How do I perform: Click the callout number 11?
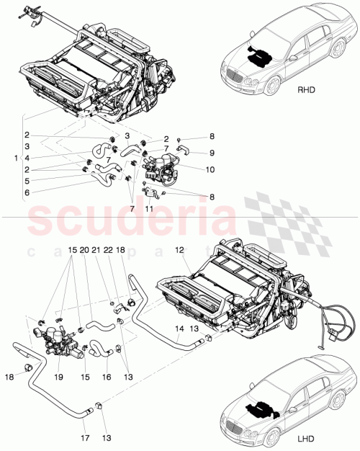point(150,207)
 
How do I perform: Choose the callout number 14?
point(179,328)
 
